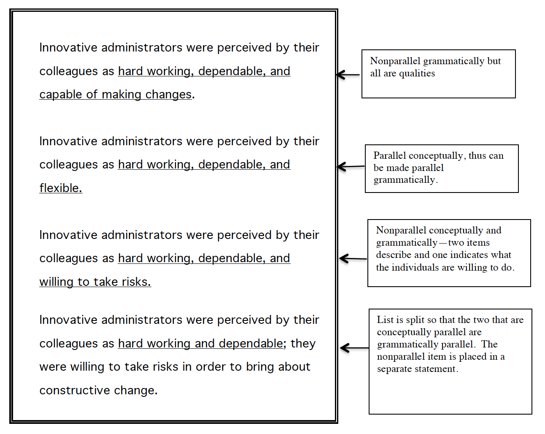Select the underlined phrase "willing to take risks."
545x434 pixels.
tap(95, 282)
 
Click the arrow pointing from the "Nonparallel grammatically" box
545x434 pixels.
tap(348, 75)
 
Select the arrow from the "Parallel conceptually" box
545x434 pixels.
tap(351, 166)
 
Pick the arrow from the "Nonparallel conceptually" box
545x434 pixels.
tap(353, 258)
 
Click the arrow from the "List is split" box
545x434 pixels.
tap(354, 348)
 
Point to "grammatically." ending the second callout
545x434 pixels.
tap(405, 180)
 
